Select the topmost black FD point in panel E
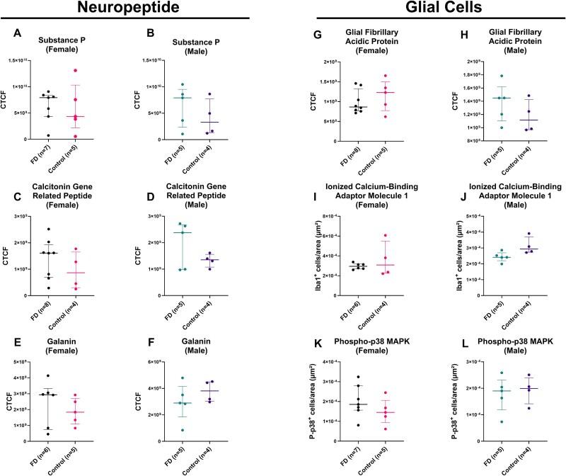pyautogui.click(x=48, y=375)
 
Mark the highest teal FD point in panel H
pyautogui.click(x=502, y=76)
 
